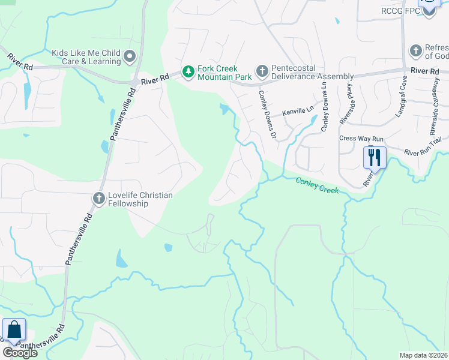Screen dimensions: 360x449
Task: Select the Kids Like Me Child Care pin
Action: [130, 57]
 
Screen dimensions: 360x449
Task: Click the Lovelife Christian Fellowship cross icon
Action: [99, 198]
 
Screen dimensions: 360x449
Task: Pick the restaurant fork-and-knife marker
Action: [375, 158]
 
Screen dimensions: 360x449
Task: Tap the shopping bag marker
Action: [14, 330]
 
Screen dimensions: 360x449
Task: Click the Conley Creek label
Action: [318, 185]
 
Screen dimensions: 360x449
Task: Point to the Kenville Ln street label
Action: [298, 112]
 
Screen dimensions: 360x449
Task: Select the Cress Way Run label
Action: [358, 138]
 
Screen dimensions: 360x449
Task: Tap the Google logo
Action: [19, 353]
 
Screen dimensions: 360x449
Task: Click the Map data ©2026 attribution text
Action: [423, 355]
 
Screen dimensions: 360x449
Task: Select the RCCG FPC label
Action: [401, 11]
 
